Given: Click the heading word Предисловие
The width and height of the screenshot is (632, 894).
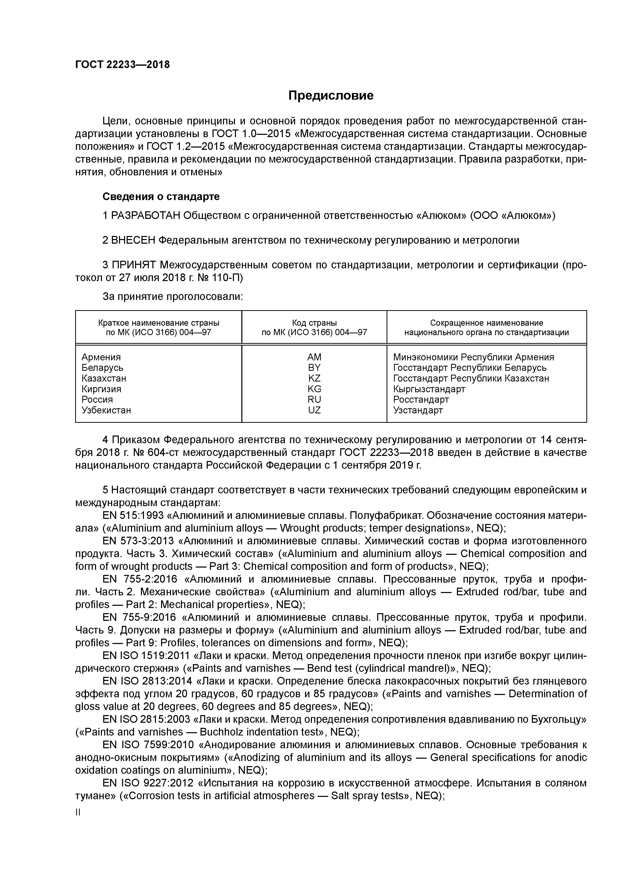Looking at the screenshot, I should point(331,95).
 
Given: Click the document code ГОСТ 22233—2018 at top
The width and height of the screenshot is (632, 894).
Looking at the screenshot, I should point(122,65).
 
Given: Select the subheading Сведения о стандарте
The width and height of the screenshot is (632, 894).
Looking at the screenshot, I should point(161,197).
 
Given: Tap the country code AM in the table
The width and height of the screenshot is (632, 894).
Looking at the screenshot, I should point(314,357).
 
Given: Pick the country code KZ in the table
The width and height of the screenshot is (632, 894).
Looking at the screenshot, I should point(314,378).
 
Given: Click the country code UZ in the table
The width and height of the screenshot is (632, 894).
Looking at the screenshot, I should point(314,410).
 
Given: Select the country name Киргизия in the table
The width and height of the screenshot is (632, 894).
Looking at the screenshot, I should point(101,389).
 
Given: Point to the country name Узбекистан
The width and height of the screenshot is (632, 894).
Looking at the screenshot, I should point(106,410).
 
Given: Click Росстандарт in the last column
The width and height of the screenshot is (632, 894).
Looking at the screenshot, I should point(421,400).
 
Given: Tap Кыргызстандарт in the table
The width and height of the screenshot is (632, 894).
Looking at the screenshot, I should point(429,389).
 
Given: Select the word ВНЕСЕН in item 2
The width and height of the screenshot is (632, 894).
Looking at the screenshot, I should point(133,241).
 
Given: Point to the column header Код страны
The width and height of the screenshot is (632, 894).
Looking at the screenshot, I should point(314,323).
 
